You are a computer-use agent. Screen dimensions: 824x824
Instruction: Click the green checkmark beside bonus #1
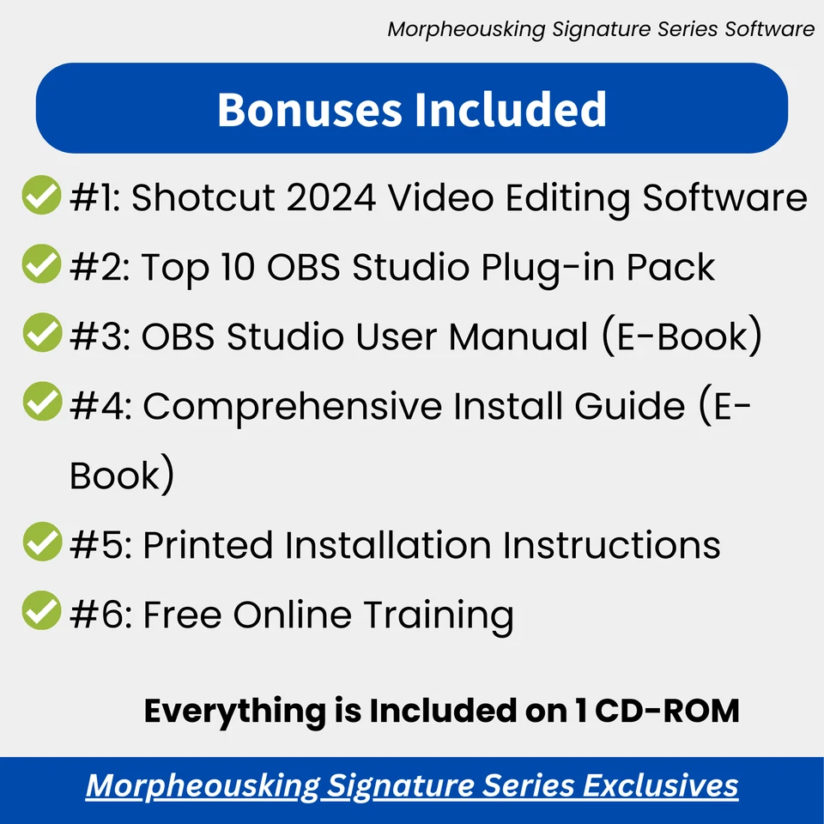40,196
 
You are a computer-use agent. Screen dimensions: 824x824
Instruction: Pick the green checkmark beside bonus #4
40,403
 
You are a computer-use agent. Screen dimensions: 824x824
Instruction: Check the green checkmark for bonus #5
40,542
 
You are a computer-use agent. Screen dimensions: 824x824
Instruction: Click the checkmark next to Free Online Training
40,612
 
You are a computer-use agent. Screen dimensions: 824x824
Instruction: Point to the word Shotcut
203,198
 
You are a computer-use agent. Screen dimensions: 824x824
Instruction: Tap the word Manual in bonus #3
518,336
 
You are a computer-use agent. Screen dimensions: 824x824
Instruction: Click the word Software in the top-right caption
769,29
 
